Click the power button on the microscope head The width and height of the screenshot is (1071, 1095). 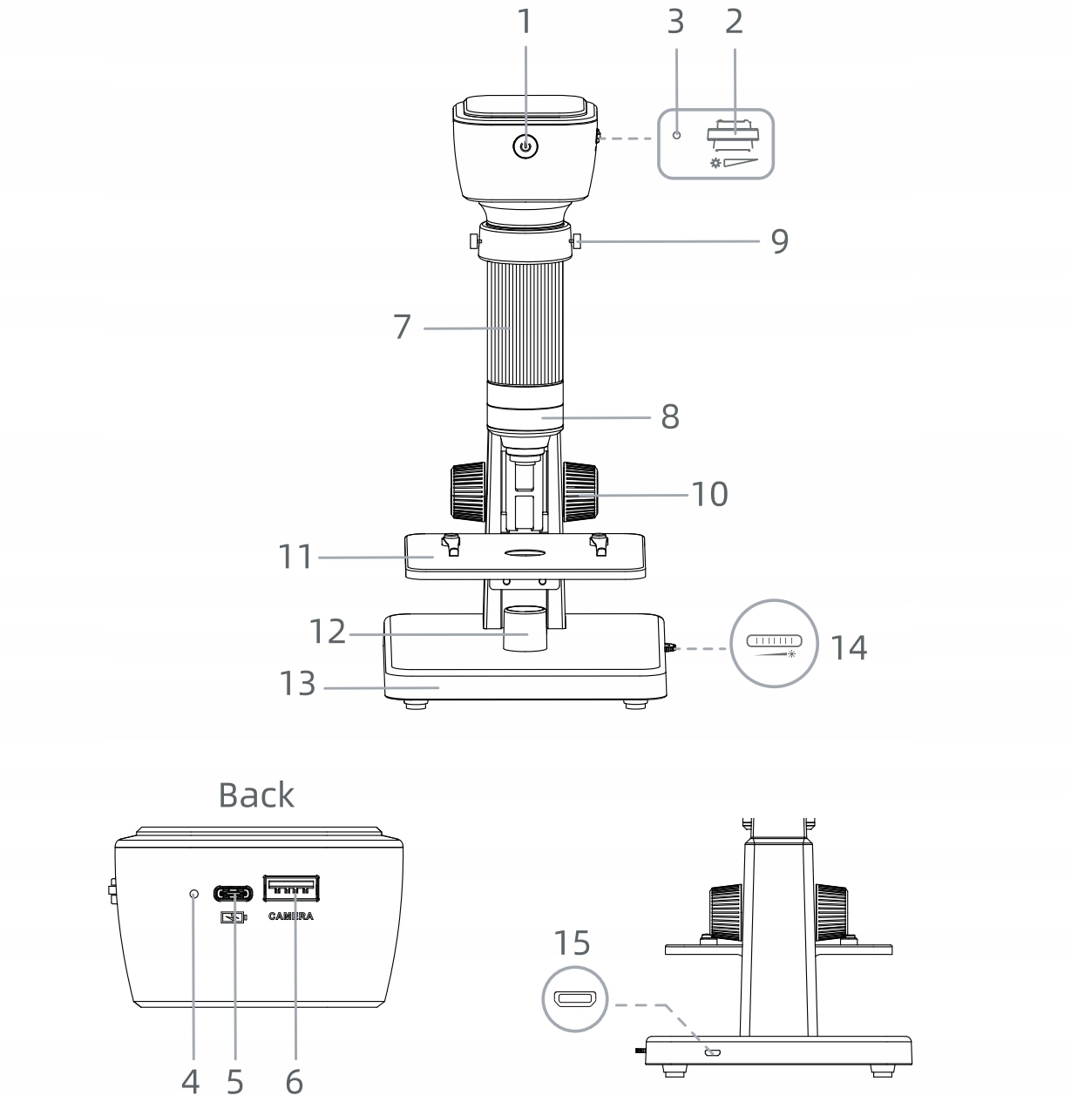[525, 147]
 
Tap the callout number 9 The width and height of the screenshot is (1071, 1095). [779, 241]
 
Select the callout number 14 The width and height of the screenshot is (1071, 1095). [849, 647]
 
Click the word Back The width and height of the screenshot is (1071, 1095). [256, 795]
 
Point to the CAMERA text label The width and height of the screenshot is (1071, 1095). [291, 916]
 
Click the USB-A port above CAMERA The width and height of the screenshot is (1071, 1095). [291, 889]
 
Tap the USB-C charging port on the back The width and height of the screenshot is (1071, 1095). [233, 893]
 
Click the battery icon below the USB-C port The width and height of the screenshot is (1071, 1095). [234, 918]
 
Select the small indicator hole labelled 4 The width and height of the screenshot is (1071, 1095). [194, 894]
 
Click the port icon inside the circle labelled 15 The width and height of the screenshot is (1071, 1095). [574, 999]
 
